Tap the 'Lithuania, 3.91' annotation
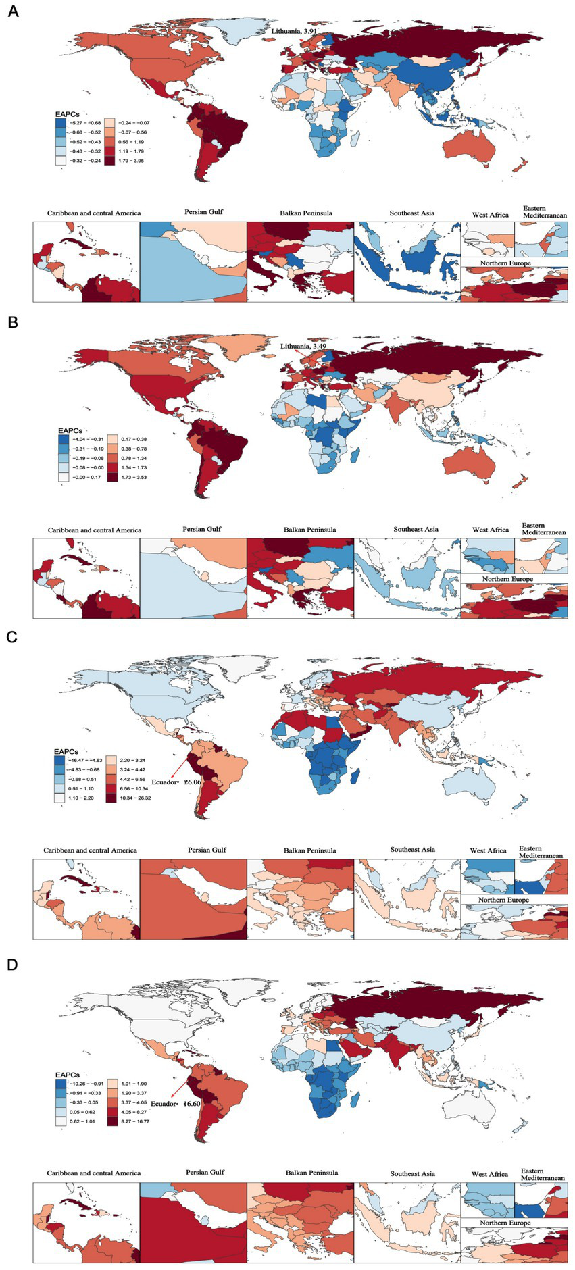click(294, 31)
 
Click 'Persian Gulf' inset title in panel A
click(203, 212)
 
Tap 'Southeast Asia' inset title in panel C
click(412, 849)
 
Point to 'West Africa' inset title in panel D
click(489, 1174)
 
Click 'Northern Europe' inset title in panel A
click(505, 263)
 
